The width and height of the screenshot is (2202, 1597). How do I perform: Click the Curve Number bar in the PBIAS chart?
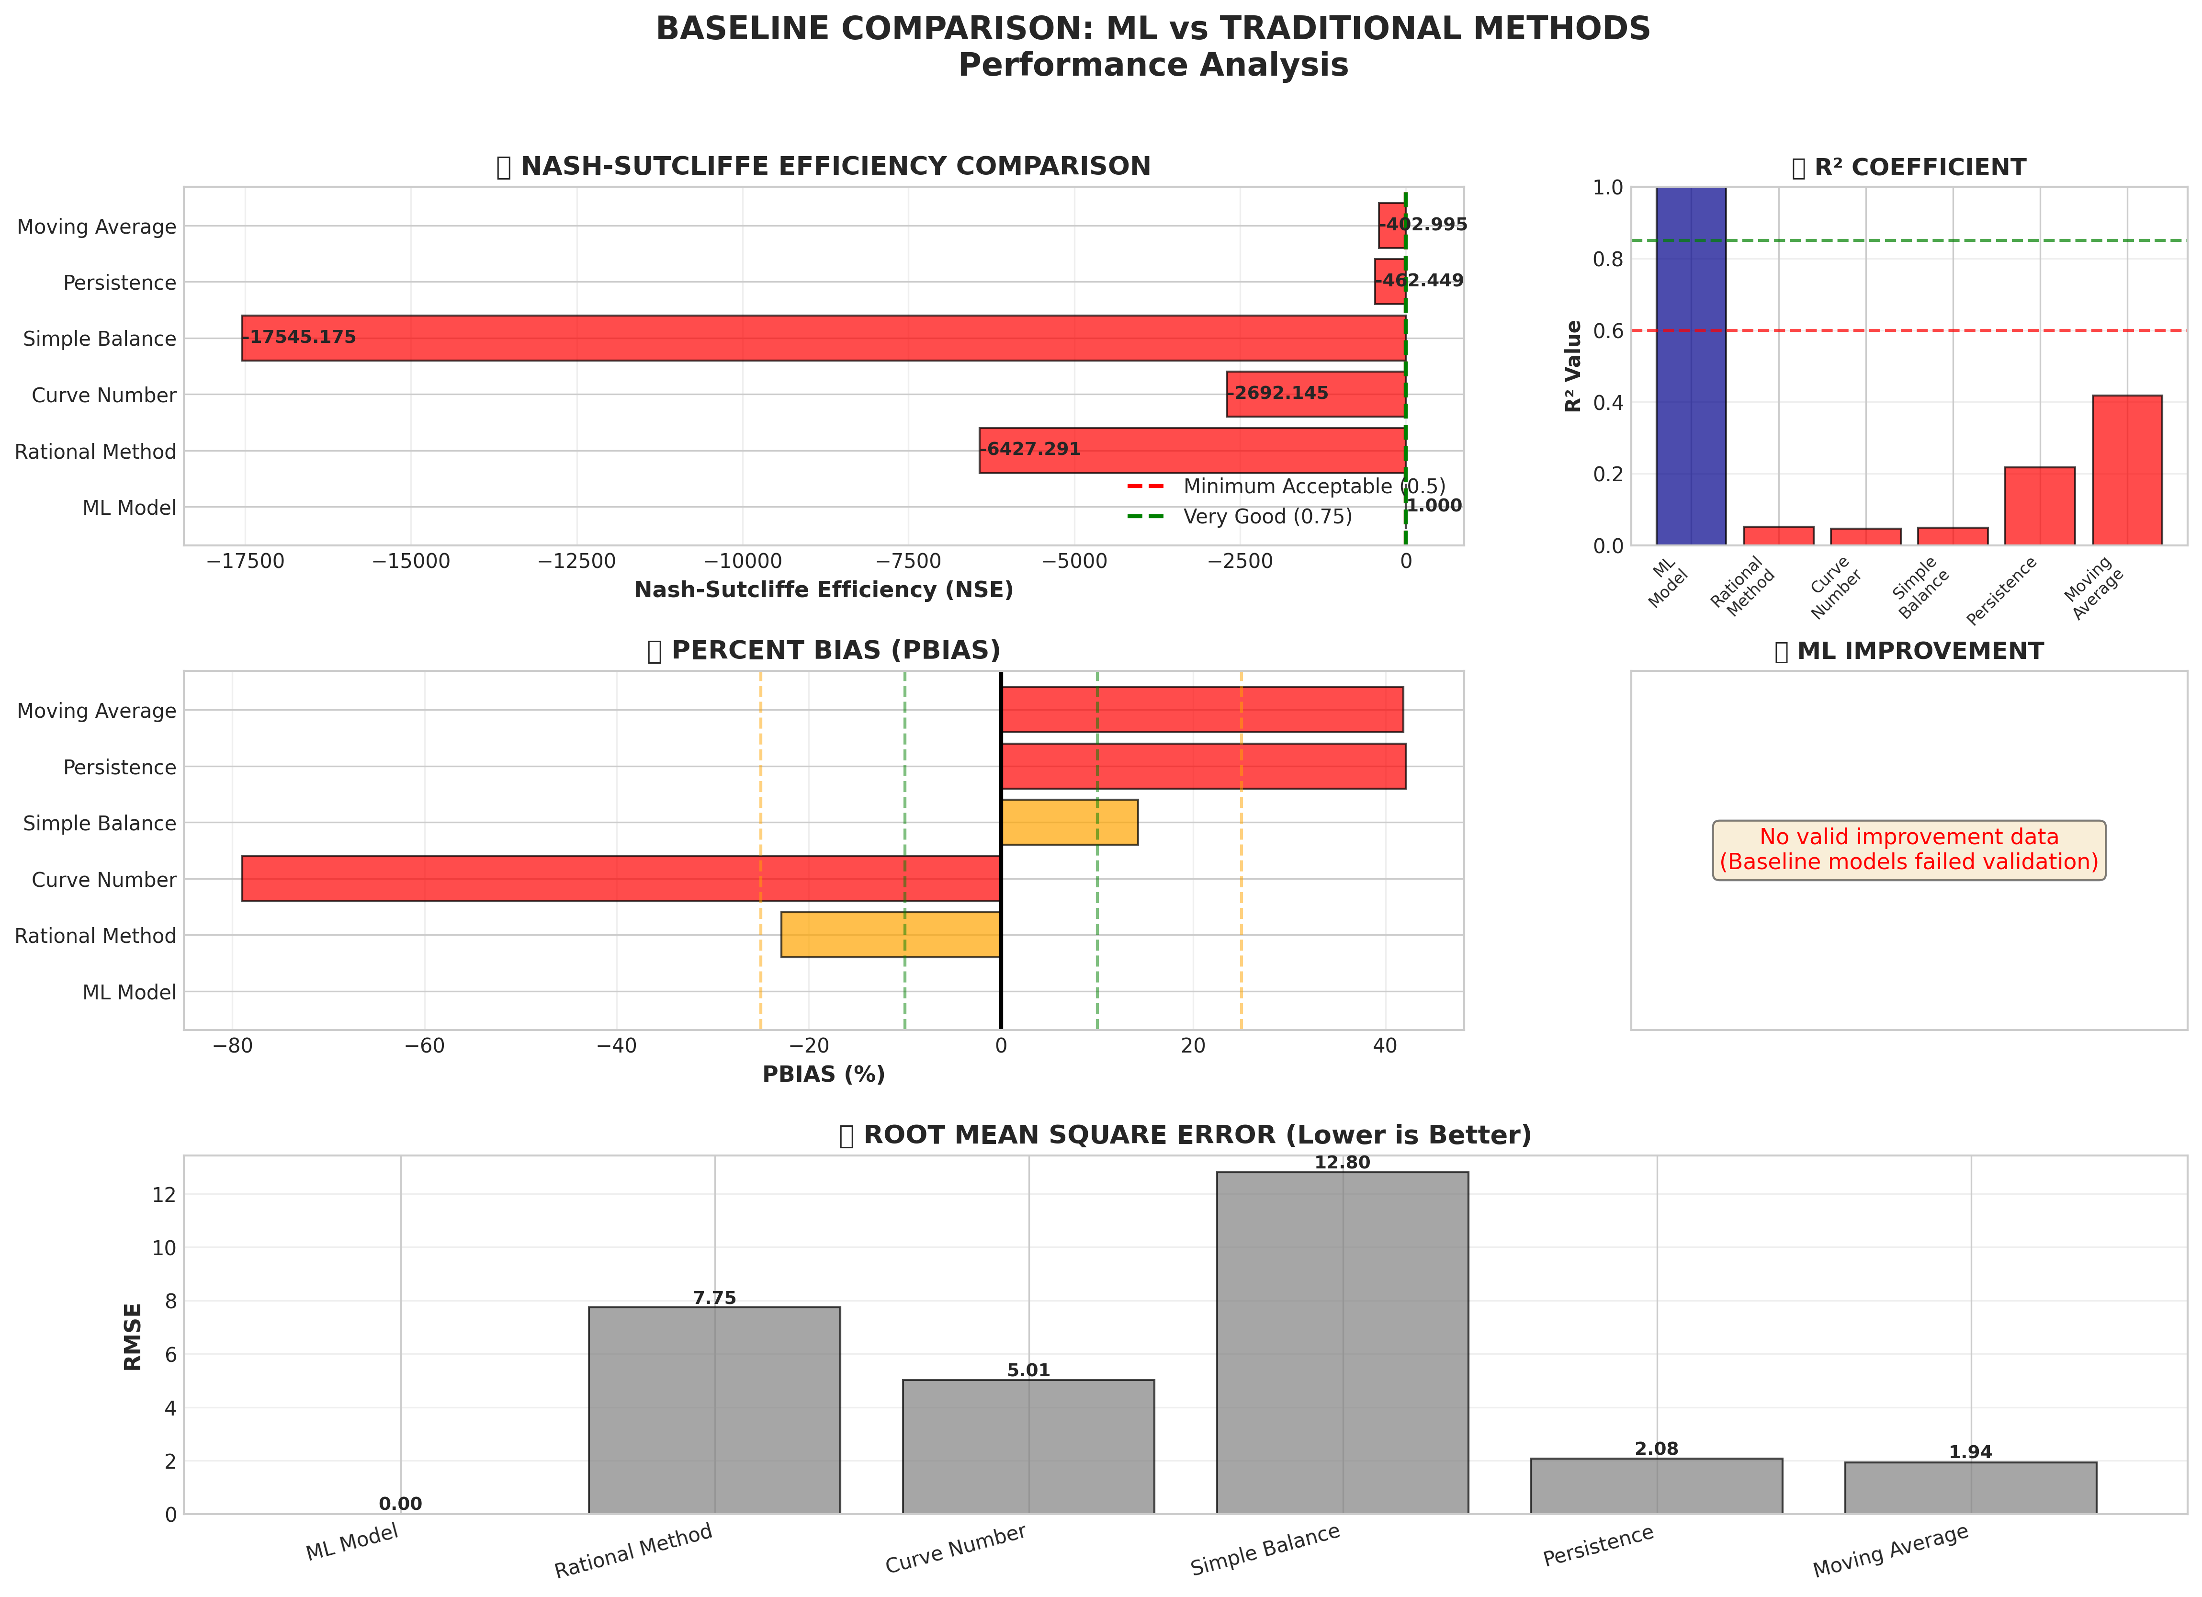tap(621, 879)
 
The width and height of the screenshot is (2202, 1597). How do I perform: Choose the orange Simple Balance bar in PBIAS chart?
tap(1069, 822)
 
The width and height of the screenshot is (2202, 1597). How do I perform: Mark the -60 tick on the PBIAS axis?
tap(424, 1046)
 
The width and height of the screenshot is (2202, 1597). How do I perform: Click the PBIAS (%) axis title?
tap(824, 1075)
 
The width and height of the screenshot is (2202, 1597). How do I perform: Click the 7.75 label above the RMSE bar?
tap(714, 1298)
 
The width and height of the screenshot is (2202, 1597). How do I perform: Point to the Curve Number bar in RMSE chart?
tap(1028, 1447)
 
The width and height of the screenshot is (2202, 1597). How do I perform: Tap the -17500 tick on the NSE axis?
tap(245, 561)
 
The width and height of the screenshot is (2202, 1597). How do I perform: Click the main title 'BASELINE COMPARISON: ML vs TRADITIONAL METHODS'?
tap(1152, 29)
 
